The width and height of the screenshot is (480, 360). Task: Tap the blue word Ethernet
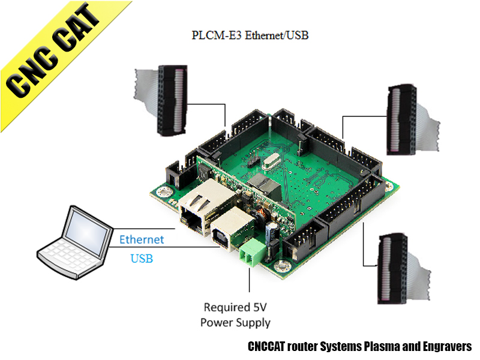point(142,239)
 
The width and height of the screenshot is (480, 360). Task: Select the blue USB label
point(142,259)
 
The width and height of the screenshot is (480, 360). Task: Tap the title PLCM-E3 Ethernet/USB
point(250,35)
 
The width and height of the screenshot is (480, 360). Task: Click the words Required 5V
point(235,307)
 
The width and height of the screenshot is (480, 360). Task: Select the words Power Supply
point(235,322)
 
